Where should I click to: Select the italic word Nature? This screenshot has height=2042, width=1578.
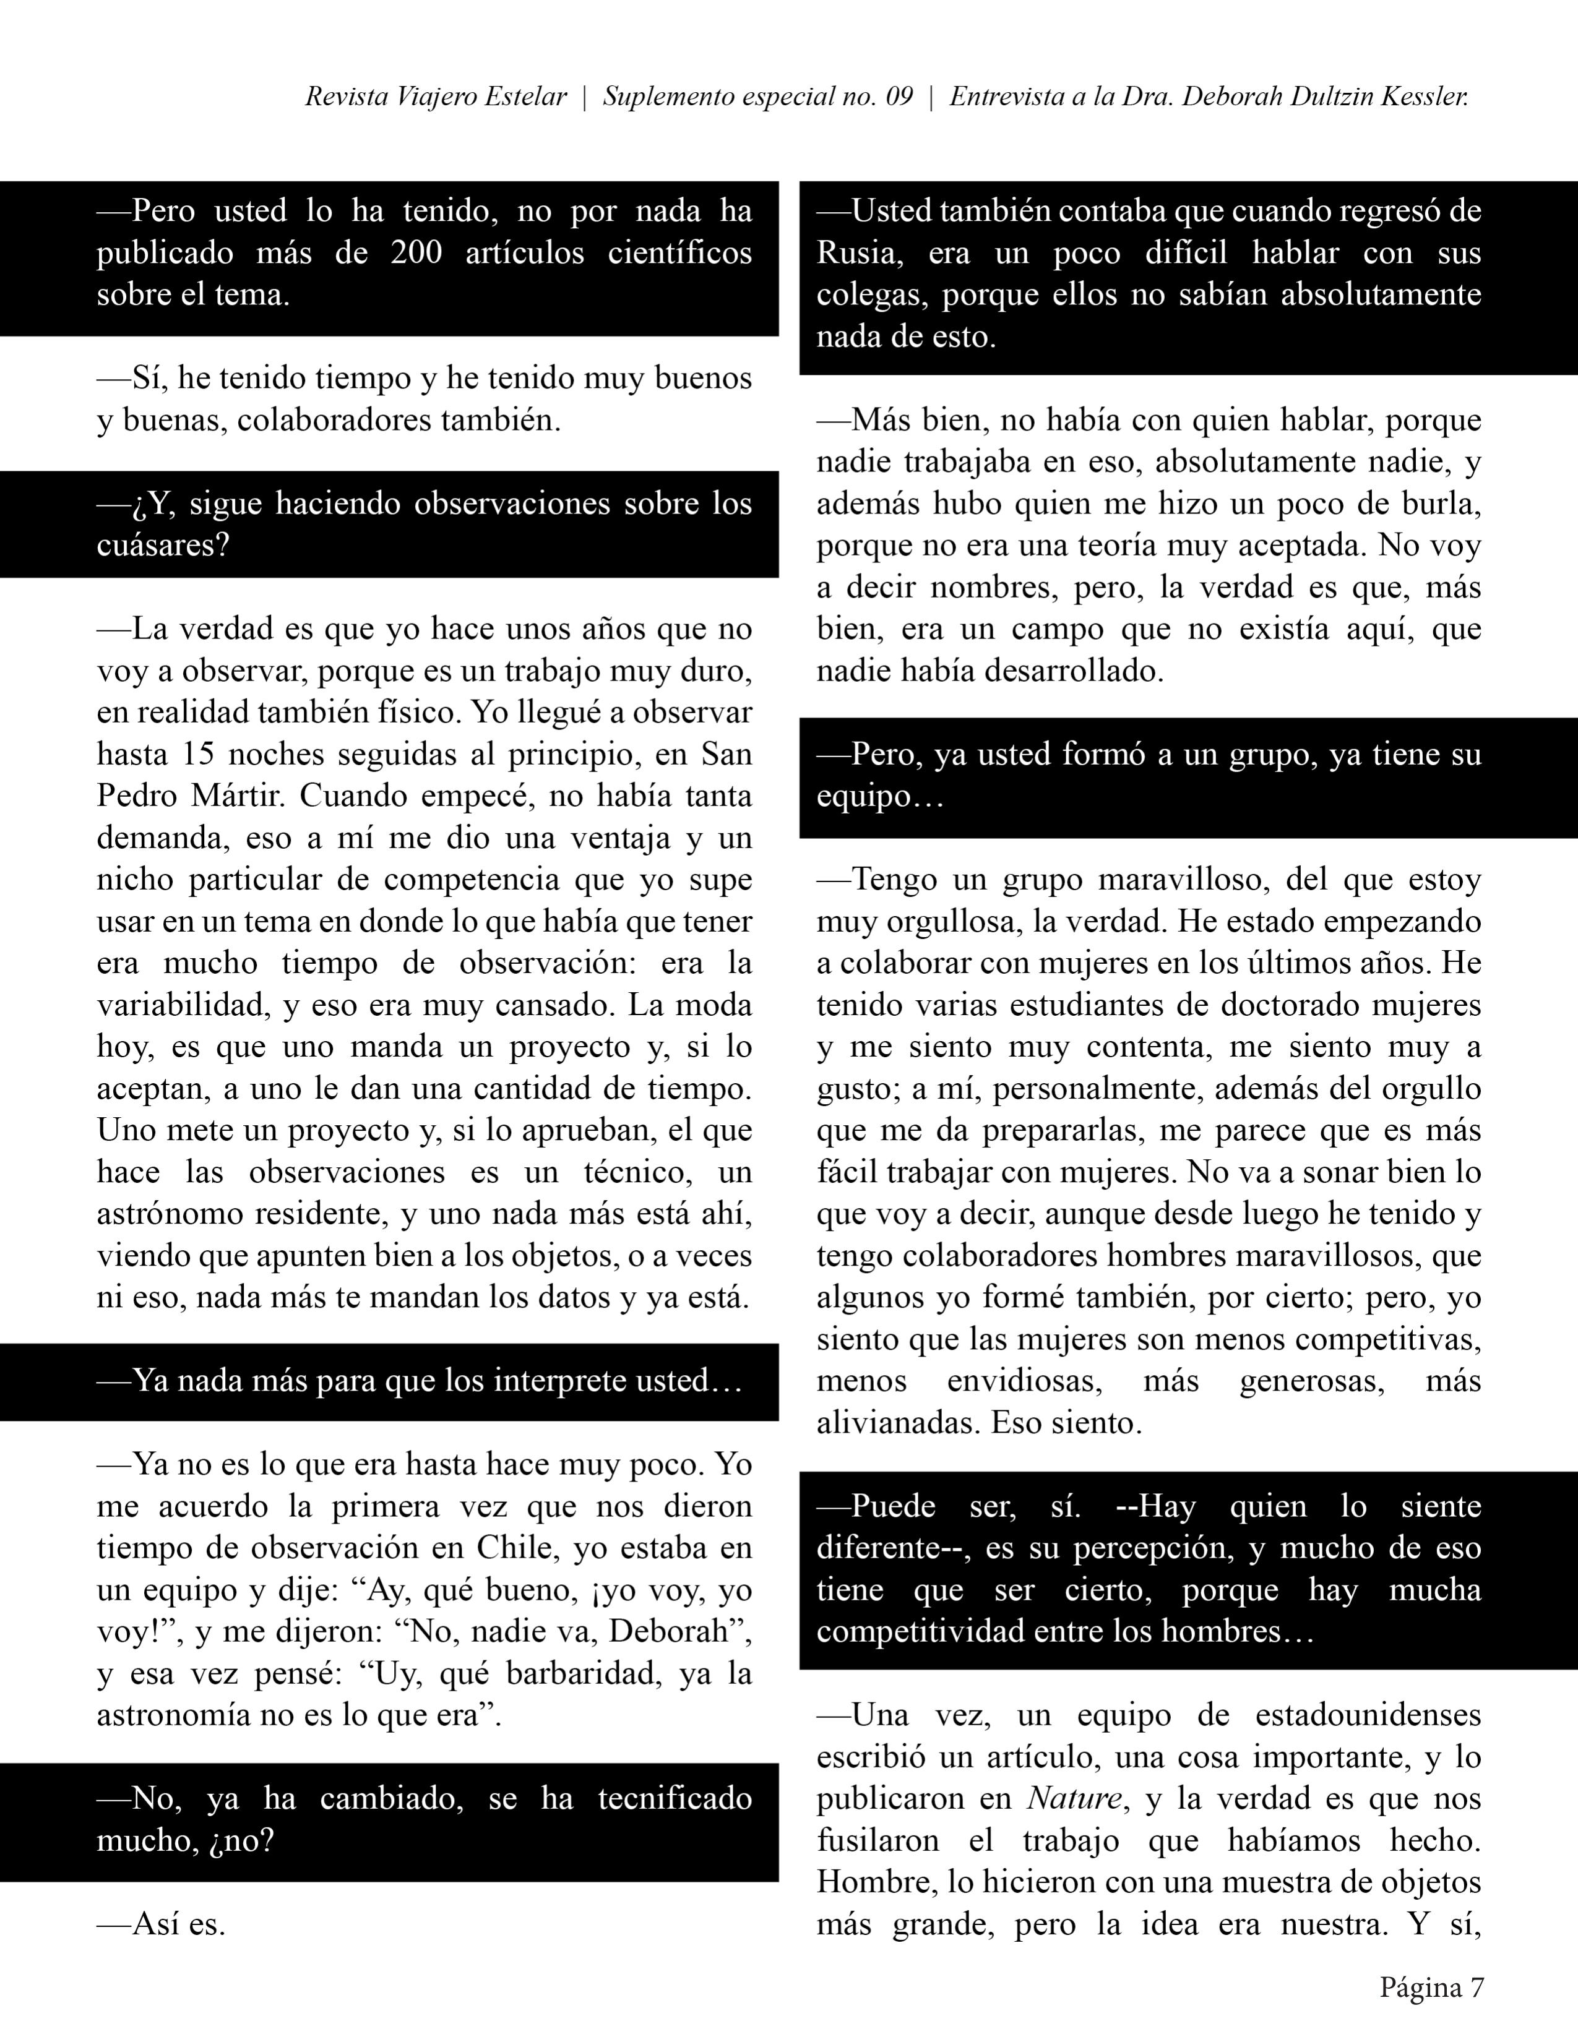(x=1074, y=1799)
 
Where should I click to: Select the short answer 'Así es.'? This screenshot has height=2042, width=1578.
(x=161, y=1924)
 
